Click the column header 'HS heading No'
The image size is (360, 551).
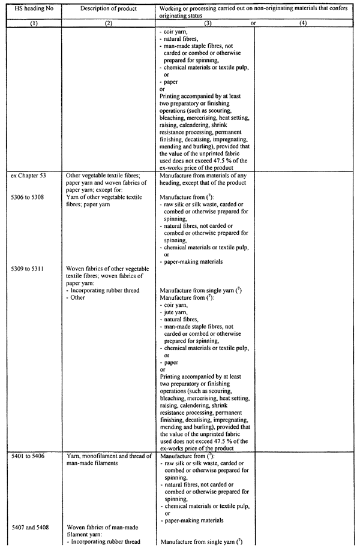coord(31,8)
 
